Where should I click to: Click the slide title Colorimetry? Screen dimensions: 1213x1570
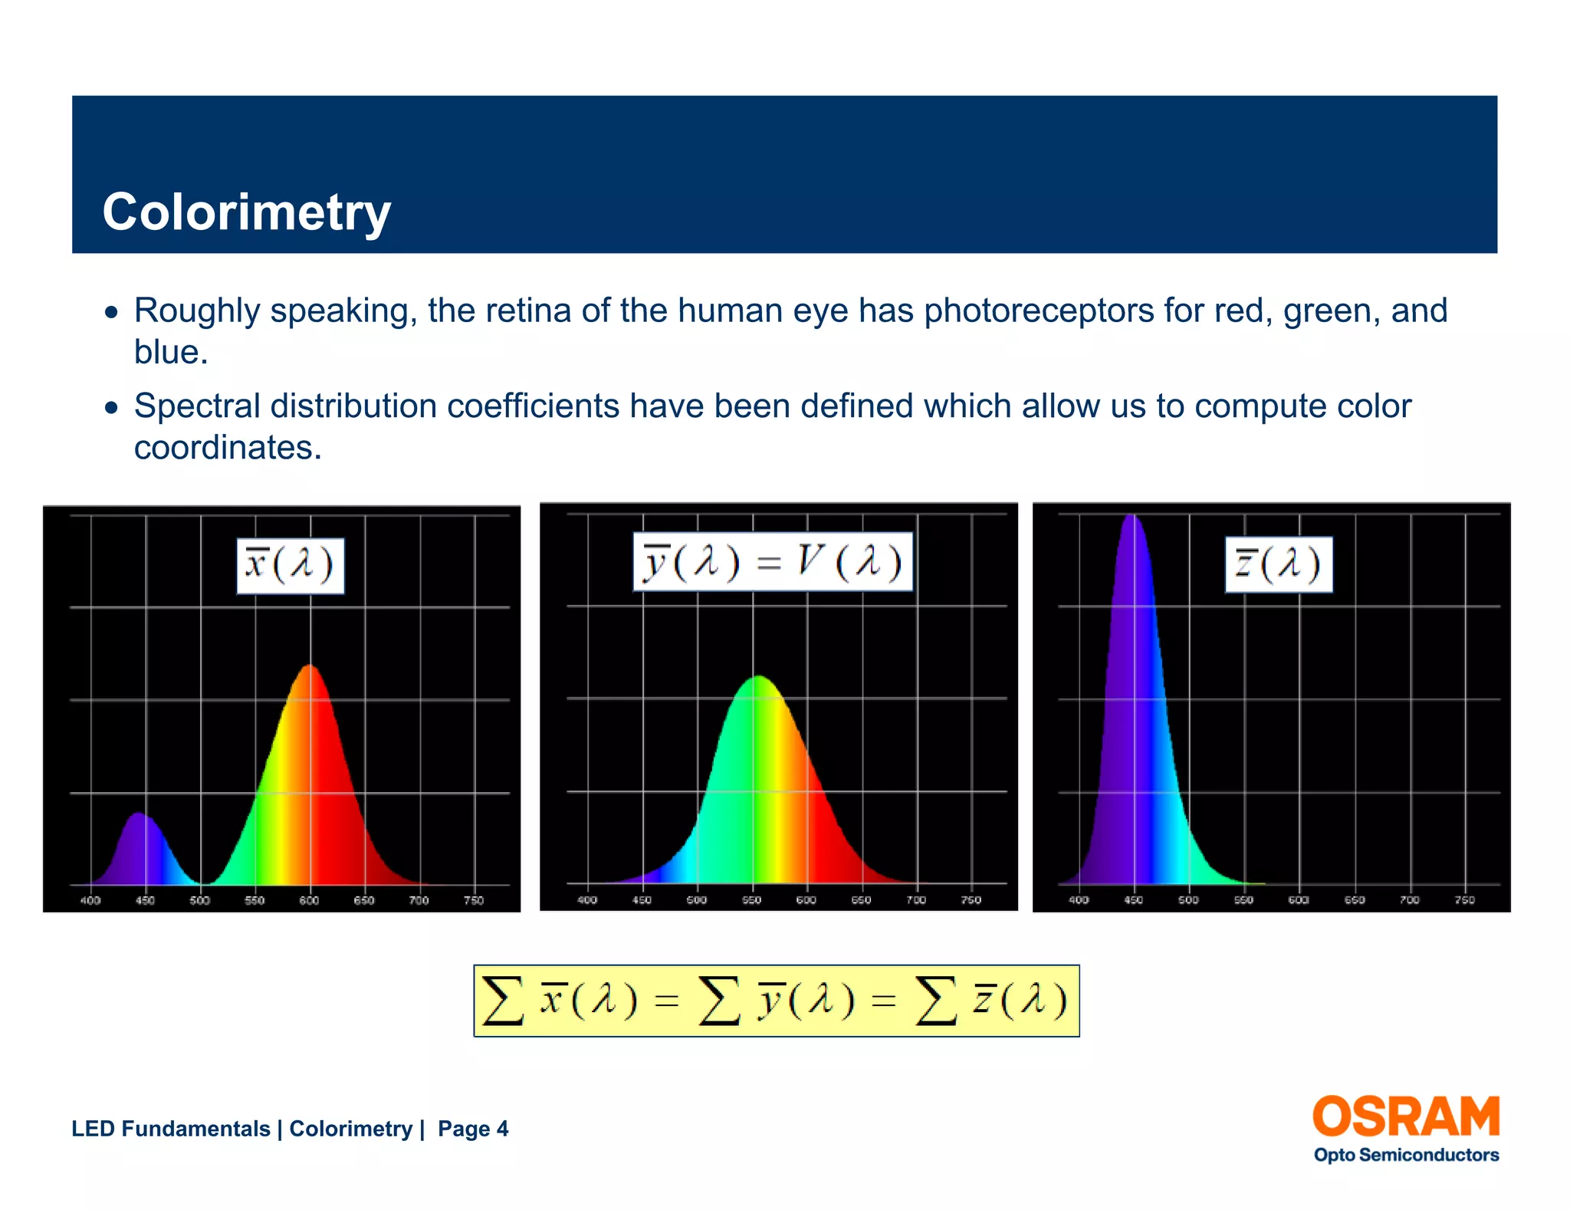pos(246,212)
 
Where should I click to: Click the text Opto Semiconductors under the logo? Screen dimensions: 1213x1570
pos(1405,1155)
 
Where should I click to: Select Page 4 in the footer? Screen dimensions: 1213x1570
pos(472,1129)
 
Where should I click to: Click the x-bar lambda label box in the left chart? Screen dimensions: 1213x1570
pos(290,566)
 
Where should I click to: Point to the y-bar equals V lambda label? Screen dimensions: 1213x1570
pos(773,562)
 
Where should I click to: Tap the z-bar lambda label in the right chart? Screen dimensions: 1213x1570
pos(1278,565)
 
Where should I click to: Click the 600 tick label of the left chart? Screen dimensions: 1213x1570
pos(309,900)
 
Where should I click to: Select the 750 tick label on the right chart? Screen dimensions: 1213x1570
pos(1464,900)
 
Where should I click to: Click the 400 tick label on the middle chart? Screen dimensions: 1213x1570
pos(587,900)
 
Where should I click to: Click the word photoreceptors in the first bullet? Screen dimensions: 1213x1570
pos(1038,311)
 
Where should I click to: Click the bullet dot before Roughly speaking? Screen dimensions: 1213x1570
pos(112,312)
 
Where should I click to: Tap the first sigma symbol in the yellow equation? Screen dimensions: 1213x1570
pos(503,1001)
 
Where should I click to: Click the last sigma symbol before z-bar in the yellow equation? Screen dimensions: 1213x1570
pos(936,1001)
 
